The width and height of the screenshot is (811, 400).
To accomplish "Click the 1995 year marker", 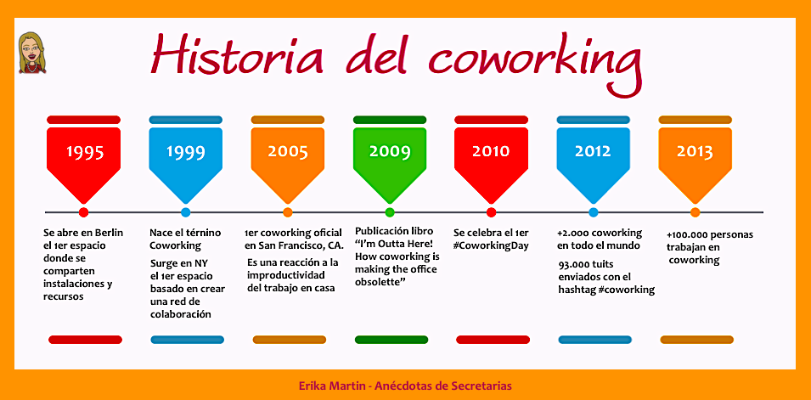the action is pyautogui.click(x=85, y=152).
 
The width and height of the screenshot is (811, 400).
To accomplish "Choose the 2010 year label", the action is pyautogui.click(x=491, y=152).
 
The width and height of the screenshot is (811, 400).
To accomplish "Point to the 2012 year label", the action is pyautogui.click(x=593, y=152).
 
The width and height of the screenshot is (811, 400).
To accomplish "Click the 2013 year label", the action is pyautogui.click(x=695, y=152).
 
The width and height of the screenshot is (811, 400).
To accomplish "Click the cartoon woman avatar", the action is pyautogui.click(x=32, y=53).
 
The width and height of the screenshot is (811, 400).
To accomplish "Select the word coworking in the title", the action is pyautogui.click(x=534, y=62).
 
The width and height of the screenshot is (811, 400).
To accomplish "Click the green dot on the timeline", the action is pyautogui.click(x=390, y=212).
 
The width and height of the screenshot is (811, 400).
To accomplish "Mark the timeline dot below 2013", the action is pyautogui.click(x=696, y=212).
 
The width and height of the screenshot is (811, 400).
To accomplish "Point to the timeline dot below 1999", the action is pyautogui.click(x=186, y=212).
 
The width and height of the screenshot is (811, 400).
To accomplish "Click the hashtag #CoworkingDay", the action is pyautogui.click(x=491, y=245).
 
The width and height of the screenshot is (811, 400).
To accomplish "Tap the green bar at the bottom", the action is pyautogui.click(x=391, y=340).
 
